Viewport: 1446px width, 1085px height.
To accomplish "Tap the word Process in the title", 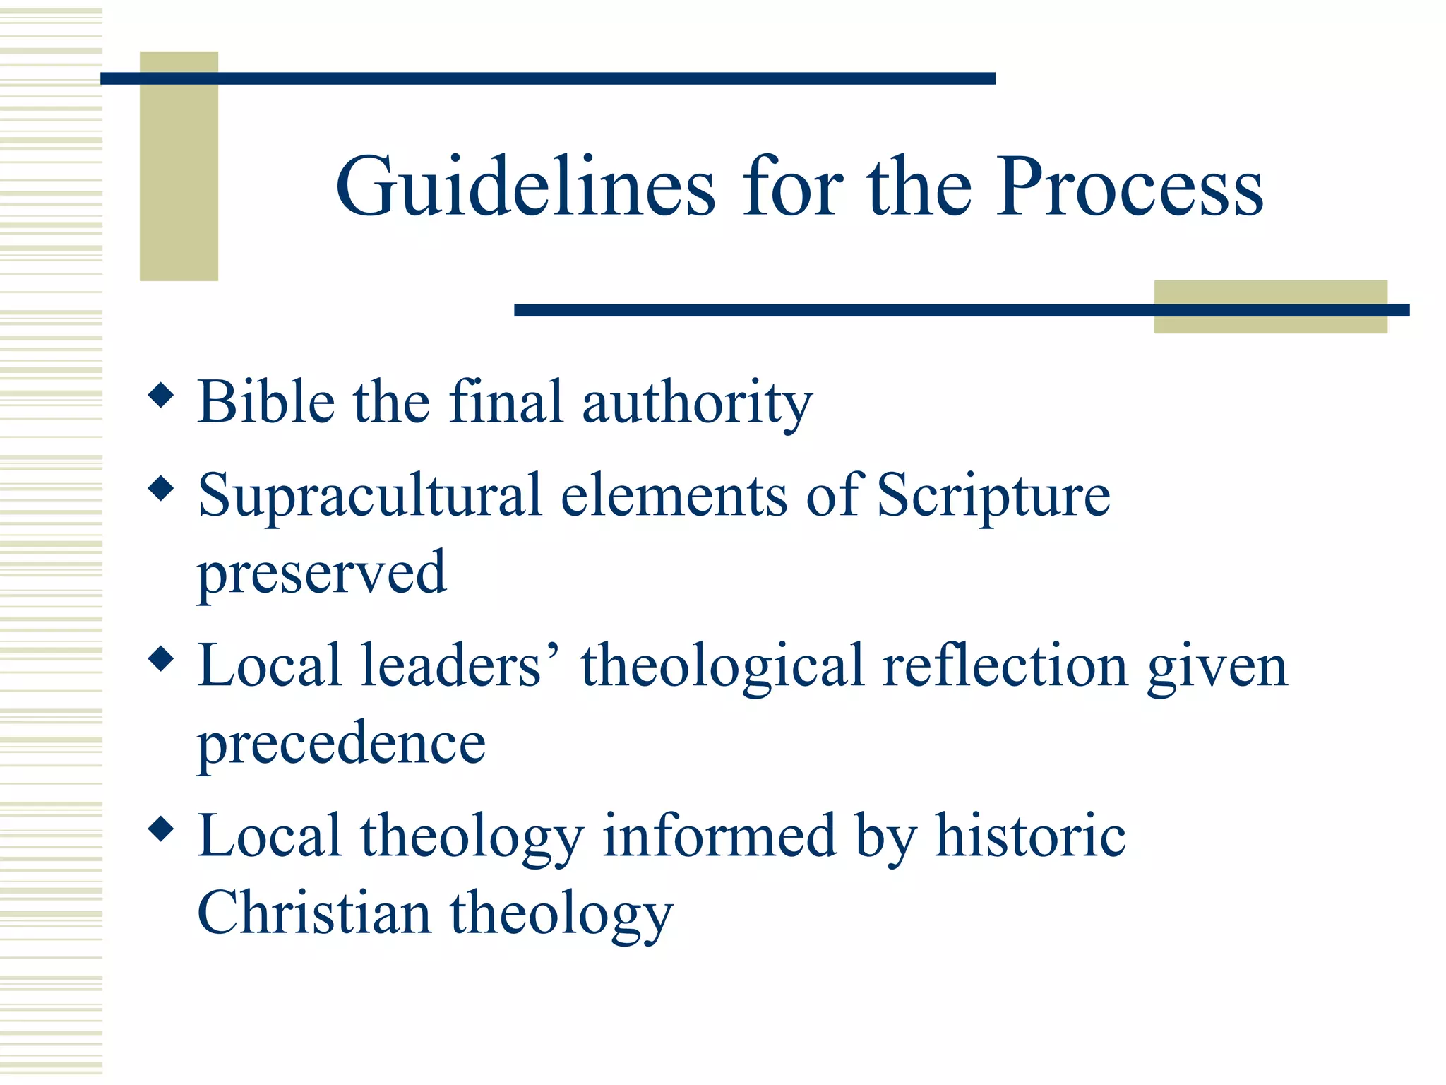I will coord(1129,187).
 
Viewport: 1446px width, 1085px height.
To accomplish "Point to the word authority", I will coord(697,403).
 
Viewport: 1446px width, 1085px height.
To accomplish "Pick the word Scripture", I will coord(993,496).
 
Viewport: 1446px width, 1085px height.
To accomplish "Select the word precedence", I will coord(342,743).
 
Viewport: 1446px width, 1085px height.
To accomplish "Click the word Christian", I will coord(314,913).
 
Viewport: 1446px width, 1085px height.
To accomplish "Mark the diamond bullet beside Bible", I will coord(162,395).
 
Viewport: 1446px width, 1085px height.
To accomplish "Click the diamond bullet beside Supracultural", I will coord(162,488).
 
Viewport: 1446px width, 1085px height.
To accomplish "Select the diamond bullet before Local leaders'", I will coord(162,659).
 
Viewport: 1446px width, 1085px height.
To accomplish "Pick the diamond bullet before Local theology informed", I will coord(162,829).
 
